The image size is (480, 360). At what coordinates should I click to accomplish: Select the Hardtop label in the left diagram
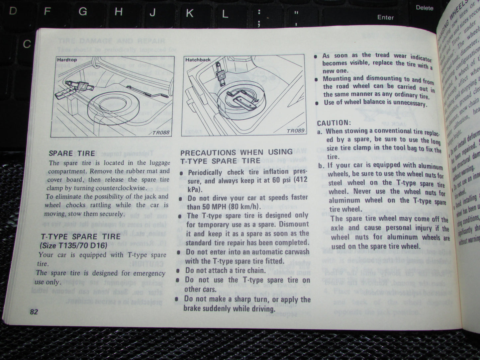(x=67, y=60)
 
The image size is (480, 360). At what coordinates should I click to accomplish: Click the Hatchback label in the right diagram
(x=198, y=60)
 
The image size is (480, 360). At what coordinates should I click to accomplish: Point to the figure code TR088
(x=161, y=133)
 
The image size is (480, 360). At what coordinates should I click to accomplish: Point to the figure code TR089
(x=295, y=131)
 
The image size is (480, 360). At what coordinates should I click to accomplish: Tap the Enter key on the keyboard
(x=385, y=17)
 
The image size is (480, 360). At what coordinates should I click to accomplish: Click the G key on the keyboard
(x=83, y=12)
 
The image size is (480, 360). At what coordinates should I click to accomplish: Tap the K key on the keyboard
(x=189, y=13)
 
